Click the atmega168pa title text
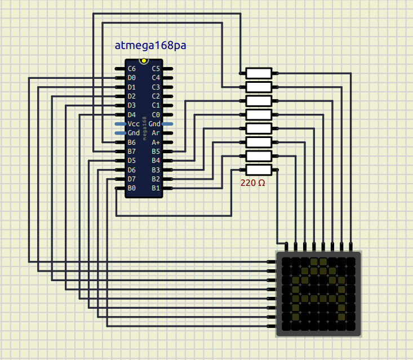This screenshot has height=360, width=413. pyautogui.click(x=150, y=46)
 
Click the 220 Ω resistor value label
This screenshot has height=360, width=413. pyautogui.click(x=252, y=183)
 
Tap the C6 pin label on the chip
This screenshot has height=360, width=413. pyautogui.click(x=132, y=69)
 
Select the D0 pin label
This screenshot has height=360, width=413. pyautogui.click(x=132, y=78)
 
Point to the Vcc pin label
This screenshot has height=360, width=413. pyautogui.click(x=134, y=123)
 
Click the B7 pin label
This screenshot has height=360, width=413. pyautogui.click(x=132, y=151)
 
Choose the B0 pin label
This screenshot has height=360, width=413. pyautogui.click(x=132, y=188)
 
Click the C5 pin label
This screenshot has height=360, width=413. pyautogui.click(x=156, y=69)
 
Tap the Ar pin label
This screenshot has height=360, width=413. pyautogui.click(x=156, y=133)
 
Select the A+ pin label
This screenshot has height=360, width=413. pyautogui.click(x=156, y=142)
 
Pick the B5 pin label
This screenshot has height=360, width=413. pyautogui.click(x=156, y=151)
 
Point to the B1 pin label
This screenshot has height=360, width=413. pyautogui.click(x=156, y=188)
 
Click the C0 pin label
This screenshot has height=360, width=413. pyautogui.click(x=156, y=114)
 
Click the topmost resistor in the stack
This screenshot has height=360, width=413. pyautogui.click(x=259, y=73)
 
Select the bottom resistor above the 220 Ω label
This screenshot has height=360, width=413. pyautogui.click(x=259, y=170)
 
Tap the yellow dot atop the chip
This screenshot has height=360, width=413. pyautogui.click(x=144, y=60)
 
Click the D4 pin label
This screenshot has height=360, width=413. pyautogui.click(x=132, y=114)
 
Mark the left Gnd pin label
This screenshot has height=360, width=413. pyautogui.click(x=134, y=133)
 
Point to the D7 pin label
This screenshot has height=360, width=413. pyautogui.click(x=132, y=179)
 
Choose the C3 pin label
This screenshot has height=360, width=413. pyautogui.click(x=156, y=87)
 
